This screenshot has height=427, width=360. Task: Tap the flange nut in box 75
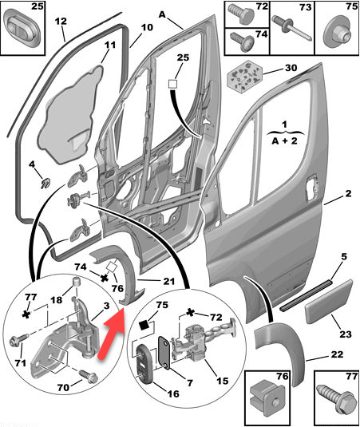coord(337,34)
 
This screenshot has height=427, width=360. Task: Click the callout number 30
coord(291,67)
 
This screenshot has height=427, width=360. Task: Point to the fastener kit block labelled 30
coord(245,77)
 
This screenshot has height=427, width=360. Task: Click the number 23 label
coord(346,334)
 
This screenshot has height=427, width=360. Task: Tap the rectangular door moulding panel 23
coord(329,301)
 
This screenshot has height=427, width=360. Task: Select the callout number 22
coord(337,354)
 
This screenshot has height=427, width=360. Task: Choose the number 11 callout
coord(109,45)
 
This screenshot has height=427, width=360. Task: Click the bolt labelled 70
coord(89,377)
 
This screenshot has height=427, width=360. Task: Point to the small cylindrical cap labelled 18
coord(77,282)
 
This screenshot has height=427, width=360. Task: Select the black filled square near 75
coord(144,326)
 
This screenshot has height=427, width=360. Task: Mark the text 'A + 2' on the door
coord(285,141)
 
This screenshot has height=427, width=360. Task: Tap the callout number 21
coord(169,280)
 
